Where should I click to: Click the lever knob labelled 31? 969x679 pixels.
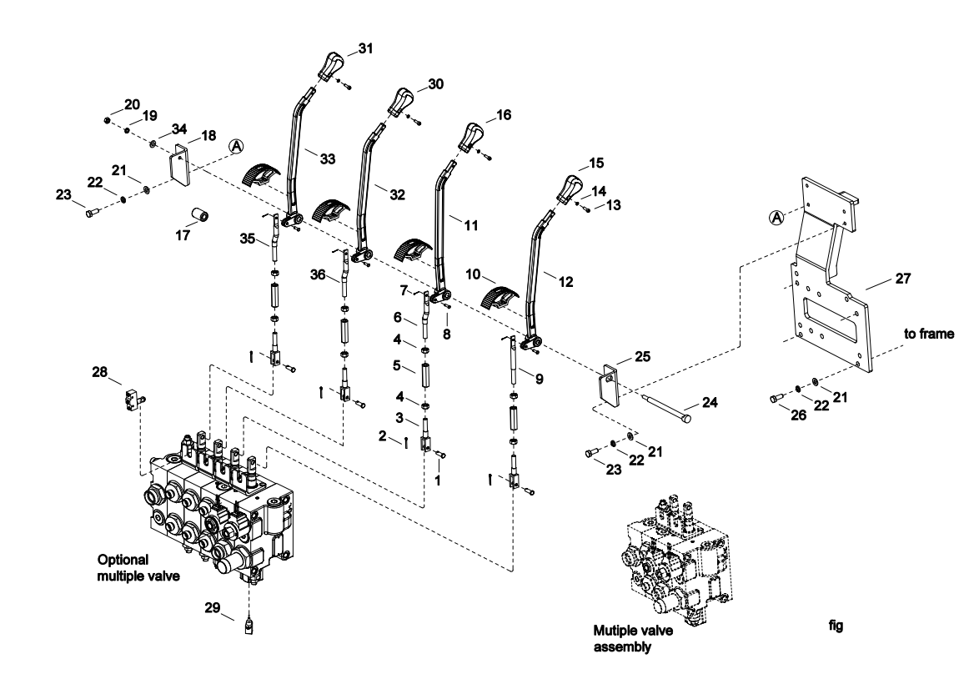[331, 63]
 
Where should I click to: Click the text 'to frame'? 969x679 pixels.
[929, 333]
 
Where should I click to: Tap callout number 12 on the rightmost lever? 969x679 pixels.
[565, 282]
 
